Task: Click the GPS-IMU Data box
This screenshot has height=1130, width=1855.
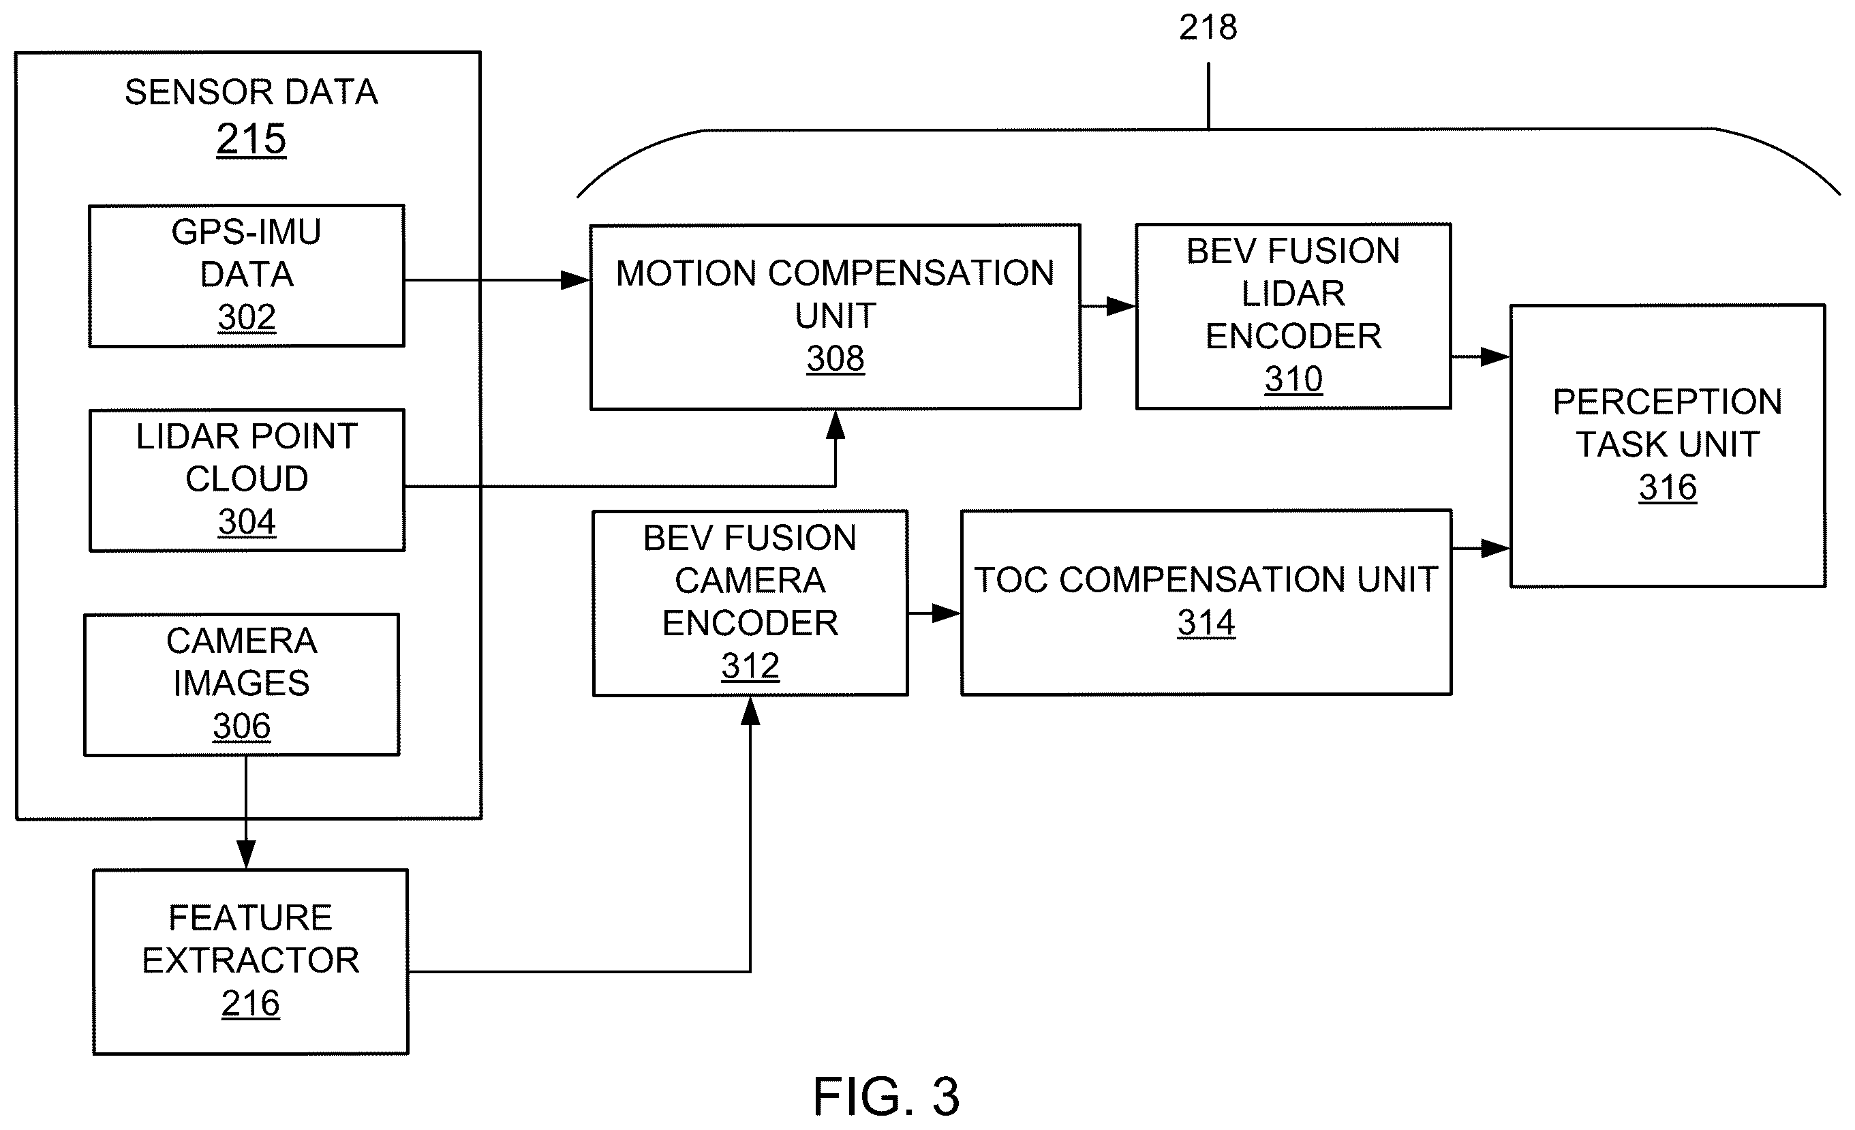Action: [247, 275]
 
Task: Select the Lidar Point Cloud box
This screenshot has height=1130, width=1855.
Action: [247, 480]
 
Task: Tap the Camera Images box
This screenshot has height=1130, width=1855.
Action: [242, 684]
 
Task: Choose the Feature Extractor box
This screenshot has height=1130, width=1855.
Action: [251, 962]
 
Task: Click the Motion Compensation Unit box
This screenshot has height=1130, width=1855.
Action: [835, 317]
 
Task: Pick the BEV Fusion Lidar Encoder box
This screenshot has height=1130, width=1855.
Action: [1293, 316]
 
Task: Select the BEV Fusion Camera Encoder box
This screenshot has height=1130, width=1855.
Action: [750, 603]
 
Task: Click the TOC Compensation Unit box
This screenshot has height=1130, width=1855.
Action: [1206, 602]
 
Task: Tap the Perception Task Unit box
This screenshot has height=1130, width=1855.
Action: [1668, 446]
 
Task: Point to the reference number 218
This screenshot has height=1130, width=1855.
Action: [1208, 28]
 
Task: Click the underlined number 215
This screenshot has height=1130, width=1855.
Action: [251, 139]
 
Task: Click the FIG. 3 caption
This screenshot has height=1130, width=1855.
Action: [886, 1096]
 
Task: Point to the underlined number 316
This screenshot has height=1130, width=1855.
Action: [1668, 488]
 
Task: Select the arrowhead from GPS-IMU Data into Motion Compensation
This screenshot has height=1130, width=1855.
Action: [576, 280]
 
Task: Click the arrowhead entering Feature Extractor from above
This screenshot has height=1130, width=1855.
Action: [246, 855]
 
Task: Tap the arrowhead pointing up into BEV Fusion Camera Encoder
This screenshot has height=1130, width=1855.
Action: [750, 711]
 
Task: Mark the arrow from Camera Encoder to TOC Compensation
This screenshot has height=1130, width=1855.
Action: [934, 613]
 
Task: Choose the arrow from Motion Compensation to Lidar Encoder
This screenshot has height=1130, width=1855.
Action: [1108, 307]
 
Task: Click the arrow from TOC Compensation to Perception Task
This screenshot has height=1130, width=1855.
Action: [1481, 549]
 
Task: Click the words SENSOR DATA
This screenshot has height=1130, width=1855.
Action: [251, 93]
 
